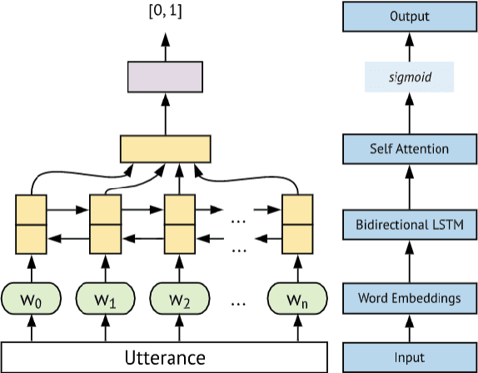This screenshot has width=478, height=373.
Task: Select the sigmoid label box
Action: click(x=409, y=79)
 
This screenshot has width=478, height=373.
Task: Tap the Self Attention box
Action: click(x=409, y=149)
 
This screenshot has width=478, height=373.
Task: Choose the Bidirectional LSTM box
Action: click(x=409, y=223)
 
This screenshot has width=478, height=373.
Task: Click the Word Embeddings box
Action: click(x=409, y=297)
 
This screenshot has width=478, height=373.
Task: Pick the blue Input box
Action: click(x=409, y=358)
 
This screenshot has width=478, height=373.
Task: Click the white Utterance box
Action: click(x=163, y=358)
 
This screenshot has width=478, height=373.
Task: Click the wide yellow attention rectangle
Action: click(x=163, y=149)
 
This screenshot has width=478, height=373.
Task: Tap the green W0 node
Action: click(x=31, y=297)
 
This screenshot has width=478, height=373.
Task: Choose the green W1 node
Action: click(x=105, y=297)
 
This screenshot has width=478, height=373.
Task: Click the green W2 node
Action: click(x=179, y=297)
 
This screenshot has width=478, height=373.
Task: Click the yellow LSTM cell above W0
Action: click(x=31, y=223)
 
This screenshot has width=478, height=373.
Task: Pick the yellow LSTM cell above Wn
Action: click(x=297, y=223)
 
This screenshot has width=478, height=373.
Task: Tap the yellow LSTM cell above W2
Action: click(x=179, y=223)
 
